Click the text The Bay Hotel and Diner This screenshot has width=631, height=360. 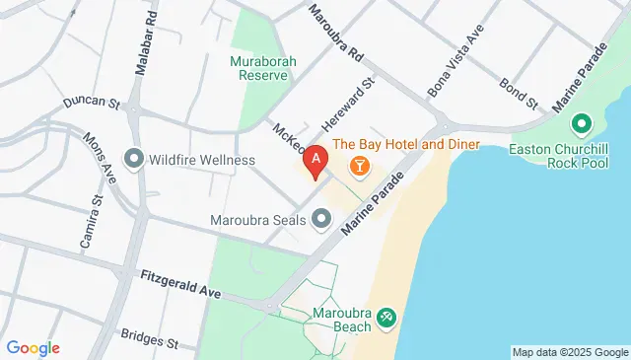tap(405, 145)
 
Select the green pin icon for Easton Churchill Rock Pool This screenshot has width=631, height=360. tap(581, 124)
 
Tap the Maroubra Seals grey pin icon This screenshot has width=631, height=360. tap(321, 219)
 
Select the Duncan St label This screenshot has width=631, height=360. tap(90, 102)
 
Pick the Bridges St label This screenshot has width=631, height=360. tap(148, 339)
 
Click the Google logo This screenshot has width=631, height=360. tap(33, 348)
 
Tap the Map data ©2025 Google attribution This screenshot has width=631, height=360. tap(569, 352)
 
